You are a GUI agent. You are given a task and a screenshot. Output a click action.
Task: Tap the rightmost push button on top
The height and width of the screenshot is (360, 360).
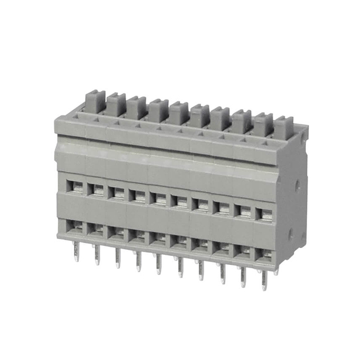283,125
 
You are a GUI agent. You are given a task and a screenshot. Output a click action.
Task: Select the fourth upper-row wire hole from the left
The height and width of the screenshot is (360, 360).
137,196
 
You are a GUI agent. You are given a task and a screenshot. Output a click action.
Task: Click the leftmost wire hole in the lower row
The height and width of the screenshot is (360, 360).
74,226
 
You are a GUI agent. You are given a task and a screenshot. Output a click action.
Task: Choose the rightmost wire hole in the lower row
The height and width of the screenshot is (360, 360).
263,255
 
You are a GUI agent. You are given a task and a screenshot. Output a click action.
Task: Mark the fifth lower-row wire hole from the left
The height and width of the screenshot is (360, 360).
158,239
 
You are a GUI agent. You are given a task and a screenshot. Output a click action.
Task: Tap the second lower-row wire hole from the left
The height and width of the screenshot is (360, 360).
95,229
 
